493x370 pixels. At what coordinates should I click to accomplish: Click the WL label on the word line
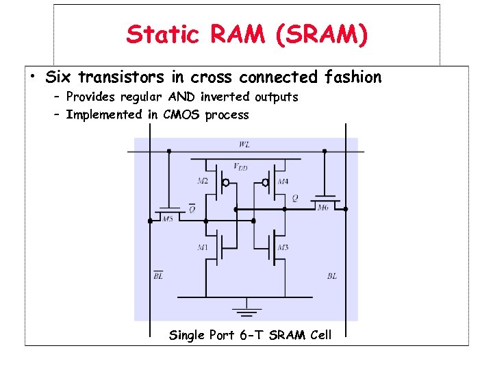[244, 145]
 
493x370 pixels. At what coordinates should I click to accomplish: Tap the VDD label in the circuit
[241, 166]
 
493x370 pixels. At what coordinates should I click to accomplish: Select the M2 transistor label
[203, 182]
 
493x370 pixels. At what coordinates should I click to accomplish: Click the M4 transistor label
[283, 182]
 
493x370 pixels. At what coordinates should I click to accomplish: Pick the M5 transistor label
[168, 218]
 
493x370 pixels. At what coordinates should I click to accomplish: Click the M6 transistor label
[323, 207]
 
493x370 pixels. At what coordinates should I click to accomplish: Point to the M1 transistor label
[203, 247]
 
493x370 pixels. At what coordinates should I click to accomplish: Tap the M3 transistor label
[283, 247]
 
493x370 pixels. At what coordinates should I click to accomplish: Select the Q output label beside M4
[295, 198]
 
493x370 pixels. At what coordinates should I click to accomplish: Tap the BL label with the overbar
[157, 276]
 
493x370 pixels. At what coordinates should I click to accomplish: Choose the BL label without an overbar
[331, 276]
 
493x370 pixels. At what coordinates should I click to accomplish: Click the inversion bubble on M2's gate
[225, 183]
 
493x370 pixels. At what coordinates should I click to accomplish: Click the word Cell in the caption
[319, 335]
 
